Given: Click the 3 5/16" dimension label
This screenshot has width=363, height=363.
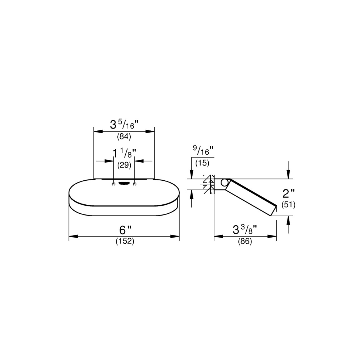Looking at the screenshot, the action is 124,125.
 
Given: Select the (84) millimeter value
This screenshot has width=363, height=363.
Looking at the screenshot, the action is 124,136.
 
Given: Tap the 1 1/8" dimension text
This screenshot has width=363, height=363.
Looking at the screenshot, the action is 124,153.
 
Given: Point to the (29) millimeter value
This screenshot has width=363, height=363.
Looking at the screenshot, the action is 124,165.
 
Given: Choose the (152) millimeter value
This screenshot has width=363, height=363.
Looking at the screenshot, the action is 125,241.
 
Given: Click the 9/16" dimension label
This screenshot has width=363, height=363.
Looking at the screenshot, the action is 203,151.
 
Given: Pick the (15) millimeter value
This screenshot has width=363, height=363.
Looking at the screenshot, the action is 202,163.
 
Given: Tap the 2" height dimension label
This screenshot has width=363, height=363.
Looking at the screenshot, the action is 288,193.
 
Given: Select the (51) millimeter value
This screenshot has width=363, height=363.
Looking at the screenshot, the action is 288,205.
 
